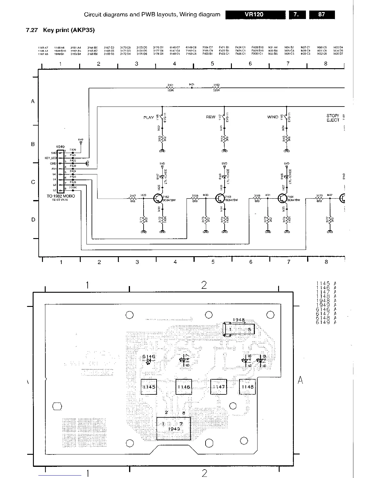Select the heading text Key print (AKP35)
click(x=69, y=30)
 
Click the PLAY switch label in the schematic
click(x=148, y=118)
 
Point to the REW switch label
click(x=211, y=117)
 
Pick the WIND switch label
click(x=273, y=117)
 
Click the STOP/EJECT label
click(x=333, y=118)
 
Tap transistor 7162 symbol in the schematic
click(x=158, y=198)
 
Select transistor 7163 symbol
click(x=220, y=198)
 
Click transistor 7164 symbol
click(x=283, y=198)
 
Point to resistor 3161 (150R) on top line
click(x=170, y=88)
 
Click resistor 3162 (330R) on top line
click(x=216, y=88)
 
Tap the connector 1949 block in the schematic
click(x=61, y=171)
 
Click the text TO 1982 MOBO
click(x=61, y=196)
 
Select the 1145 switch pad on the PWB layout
click(x=149, y=387)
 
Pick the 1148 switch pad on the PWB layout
click(x=247, y=387)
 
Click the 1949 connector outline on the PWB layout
click(x=174, y=429)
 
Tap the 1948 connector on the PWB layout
click(x=239, y=329)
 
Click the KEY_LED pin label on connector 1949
click(x=51, y=158)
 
